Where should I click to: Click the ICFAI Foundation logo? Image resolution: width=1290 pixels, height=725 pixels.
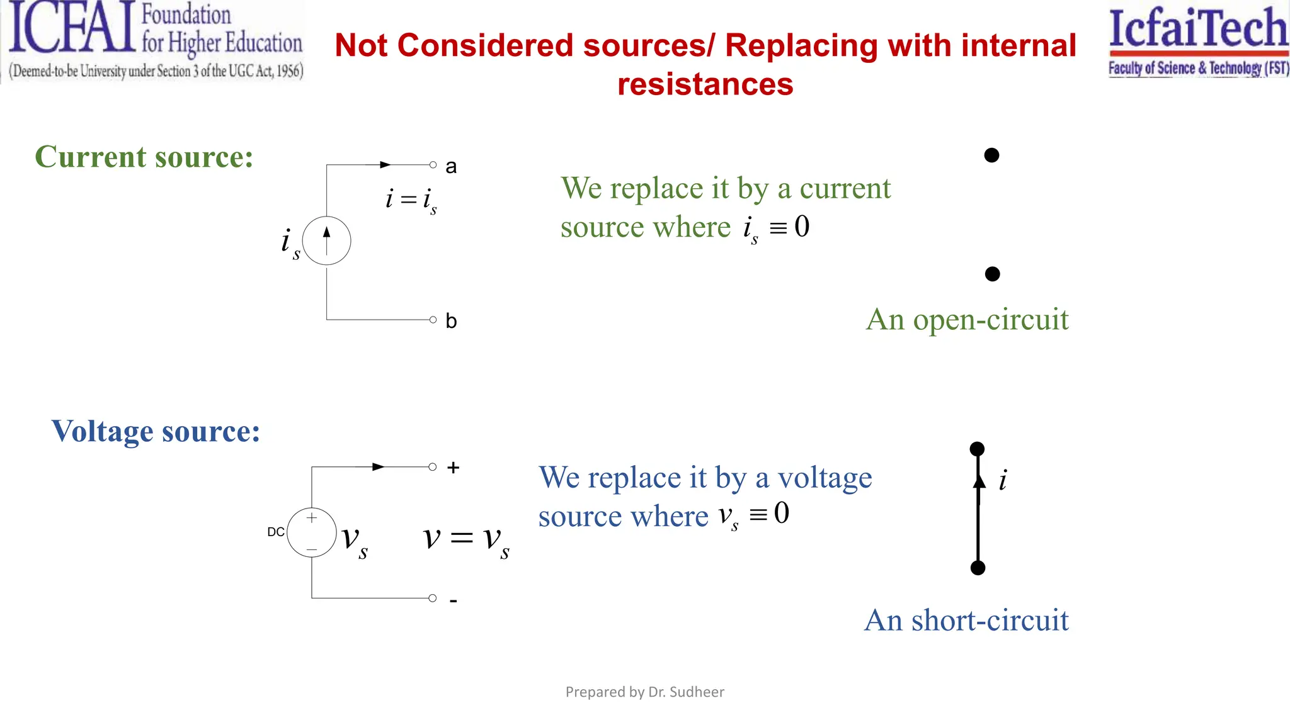(x=154, y=41)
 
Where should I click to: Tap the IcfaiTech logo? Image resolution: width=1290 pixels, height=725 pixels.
(x=1198, y=41)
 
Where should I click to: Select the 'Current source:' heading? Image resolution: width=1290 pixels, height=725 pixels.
(x=144, y=157)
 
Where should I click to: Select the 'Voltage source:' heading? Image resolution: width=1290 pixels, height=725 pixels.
(x=156, y=432)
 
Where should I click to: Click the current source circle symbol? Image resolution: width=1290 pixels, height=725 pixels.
(x=326, y=240)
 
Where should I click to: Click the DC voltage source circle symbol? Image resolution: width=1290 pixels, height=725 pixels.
(x=312, y=532)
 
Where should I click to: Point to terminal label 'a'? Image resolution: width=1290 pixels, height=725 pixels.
(x=451, y=167)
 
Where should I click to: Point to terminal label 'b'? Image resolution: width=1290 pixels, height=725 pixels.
(x=451, y=321)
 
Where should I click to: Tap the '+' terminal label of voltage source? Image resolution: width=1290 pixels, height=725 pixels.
(x=453, y=468)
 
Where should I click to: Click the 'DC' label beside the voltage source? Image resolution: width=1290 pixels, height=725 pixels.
(x=276, y=532)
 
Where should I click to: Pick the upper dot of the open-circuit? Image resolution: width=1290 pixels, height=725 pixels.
(x=991, y=155)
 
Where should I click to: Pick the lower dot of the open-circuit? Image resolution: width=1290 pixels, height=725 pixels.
(x=992, y=274)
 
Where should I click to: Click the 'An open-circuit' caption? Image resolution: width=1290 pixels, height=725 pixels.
(x=967, y=320)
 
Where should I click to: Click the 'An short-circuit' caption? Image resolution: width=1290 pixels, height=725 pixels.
(x=966, y=621)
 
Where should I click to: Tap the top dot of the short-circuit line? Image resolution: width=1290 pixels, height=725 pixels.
(x=977, y=449)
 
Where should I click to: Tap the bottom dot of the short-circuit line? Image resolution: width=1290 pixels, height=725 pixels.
(x=978, y=568)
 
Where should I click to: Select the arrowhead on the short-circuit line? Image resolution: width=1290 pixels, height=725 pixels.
(x=979, y=482)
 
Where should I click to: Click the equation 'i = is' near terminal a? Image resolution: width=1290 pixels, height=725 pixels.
(x=411, y=200)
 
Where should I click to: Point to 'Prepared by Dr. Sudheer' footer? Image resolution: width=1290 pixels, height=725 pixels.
(x=644, y=692)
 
